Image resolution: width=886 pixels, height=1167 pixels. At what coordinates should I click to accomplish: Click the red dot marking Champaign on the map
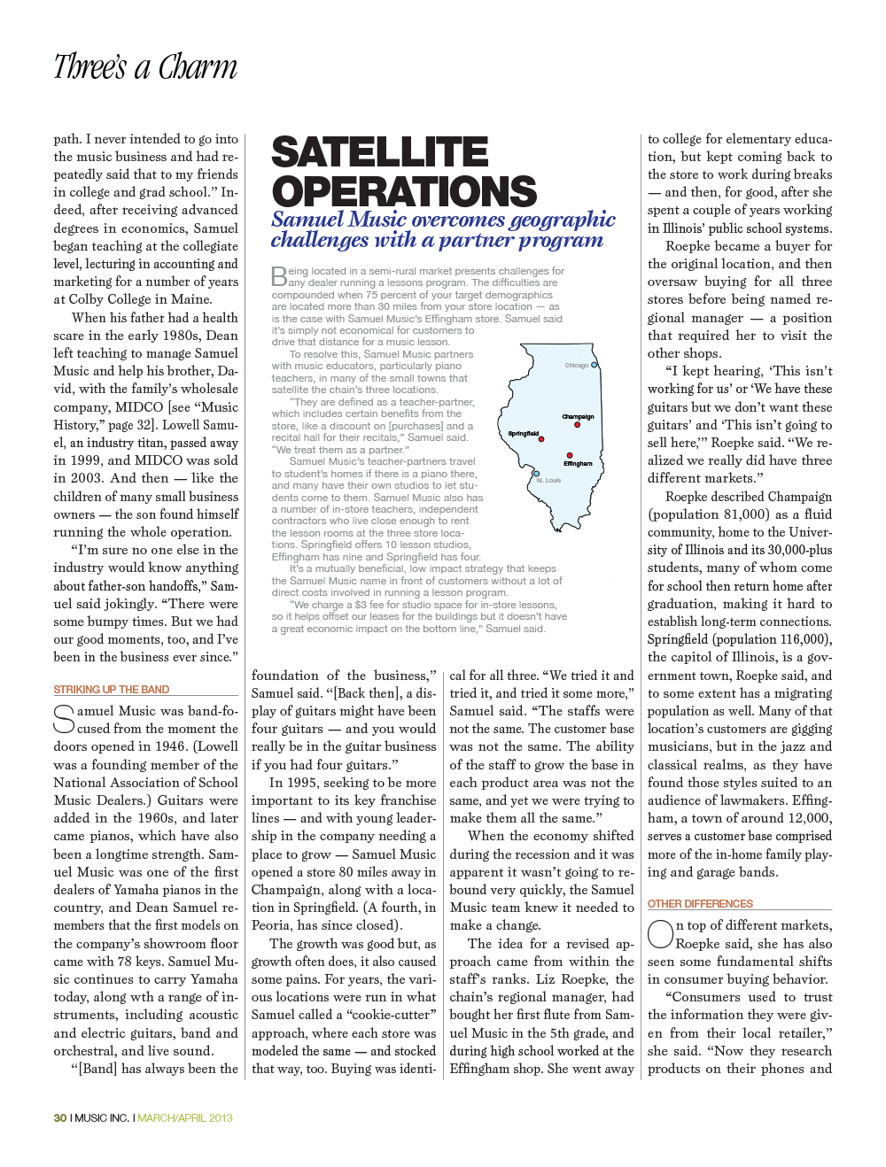click(577, 425)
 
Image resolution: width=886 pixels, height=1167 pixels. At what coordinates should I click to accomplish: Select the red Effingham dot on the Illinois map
click(570, 455)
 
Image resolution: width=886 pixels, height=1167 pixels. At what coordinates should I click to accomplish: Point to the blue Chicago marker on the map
click(595, 365)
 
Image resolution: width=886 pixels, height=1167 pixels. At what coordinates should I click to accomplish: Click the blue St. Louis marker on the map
click(536, 474)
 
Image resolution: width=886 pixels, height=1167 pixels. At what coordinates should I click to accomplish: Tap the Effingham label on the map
click(578, 464)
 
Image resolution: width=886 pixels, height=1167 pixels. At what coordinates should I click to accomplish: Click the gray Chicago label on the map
click(576, 366)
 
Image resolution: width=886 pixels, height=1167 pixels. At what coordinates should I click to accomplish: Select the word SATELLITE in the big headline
click(379, 152)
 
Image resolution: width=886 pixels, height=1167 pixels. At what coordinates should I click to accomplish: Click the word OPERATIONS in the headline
click(404, 191)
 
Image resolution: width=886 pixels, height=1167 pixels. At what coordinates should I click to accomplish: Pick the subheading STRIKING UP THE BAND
click(111, 690)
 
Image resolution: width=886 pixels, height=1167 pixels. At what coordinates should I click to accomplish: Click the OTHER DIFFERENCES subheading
click(700, 904)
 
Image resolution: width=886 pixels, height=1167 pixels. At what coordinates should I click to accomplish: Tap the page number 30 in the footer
click(59, 1118)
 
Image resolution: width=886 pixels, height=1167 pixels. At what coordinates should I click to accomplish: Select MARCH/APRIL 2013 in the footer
click(185, 1118)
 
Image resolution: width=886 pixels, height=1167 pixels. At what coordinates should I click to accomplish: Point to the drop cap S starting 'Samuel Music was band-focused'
click(64, 719)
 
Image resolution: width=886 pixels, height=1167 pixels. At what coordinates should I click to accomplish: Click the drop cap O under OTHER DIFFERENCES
click(660, 934)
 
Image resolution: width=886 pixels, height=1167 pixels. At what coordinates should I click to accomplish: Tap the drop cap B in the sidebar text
click(278, 276)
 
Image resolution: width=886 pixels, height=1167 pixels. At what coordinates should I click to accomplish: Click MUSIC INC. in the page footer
click(102, 1118)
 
